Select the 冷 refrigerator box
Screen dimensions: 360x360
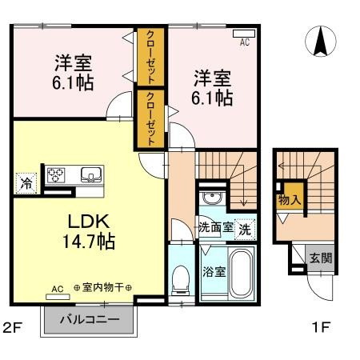[26, 182]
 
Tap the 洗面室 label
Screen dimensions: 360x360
[216, 227]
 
